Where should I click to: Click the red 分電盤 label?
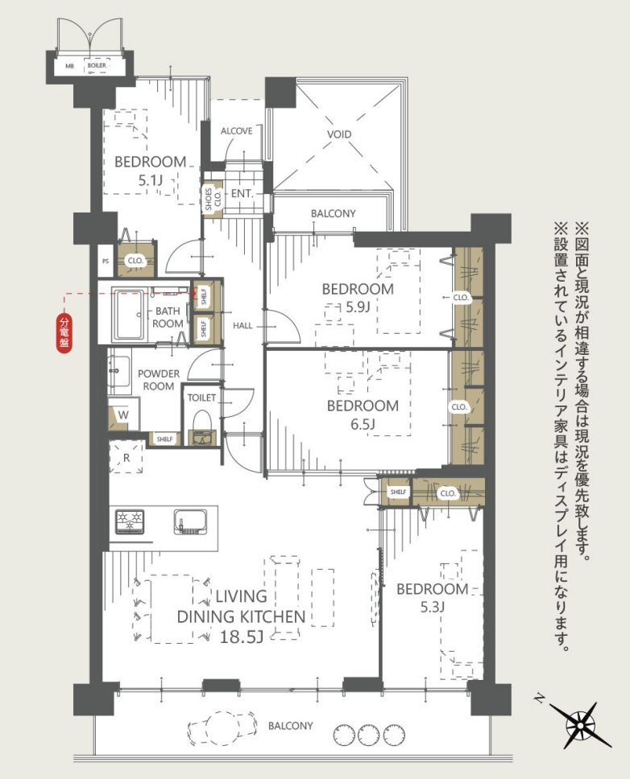[x=64, y=333]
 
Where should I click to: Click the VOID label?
[x=339, y=134]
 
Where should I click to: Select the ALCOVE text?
[x=236, y=131]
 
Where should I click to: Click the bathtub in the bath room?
[x=129, y=315]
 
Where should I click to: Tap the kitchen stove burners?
[x=131, y=521]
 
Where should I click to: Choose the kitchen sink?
[x=190, y=521]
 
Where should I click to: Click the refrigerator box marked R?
[x=126, y=458]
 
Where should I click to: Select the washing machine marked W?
[x=123, y=414]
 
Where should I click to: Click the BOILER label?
[x=97, y=65]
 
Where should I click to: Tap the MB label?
[x=69, y=65]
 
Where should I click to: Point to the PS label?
[x=106, y=261]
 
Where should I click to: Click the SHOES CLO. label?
[x=213, y=199]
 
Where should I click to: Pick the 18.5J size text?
[x=242, y=637]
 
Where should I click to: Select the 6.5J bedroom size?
[x=362, y=424]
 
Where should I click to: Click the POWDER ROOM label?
[x=159, y=380]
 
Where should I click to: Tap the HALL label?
[x=242, y=326]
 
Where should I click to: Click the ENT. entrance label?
[x=242, y=194]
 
